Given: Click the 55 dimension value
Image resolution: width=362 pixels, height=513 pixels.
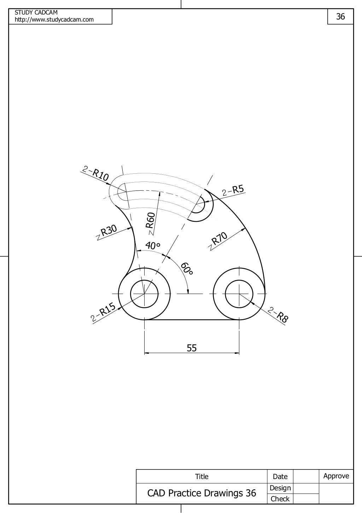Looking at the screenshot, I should [x=192, y=348].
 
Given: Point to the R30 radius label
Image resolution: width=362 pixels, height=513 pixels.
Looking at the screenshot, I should [x=108, y=231].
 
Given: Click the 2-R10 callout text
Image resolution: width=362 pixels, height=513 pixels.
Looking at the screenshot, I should [x=95, y=173].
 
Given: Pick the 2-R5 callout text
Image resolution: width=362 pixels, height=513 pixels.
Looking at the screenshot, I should [x=233, y=190].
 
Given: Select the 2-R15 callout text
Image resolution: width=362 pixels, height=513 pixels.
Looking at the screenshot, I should [x=104, y=312].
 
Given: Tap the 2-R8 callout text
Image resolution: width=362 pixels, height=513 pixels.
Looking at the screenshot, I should [x=279, y=315].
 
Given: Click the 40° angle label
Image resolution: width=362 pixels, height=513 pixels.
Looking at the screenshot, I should [x=153, y=245].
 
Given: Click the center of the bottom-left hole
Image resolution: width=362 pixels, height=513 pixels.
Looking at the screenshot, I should [x=144, y=294].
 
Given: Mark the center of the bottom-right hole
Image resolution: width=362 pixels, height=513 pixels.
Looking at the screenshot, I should [x=239, y=294].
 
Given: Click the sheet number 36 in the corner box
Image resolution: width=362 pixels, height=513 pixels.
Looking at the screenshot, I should [x=340, y=17].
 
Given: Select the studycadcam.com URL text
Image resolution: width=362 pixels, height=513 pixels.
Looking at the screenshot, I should [x=54, y=19].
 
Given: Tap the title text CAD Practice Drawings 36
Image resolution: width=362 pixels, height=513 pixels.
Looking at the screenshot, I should [x=202, y=493].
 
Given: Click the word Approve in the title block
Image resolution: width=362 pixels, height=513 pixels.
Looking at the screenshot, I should [x=336, y=476].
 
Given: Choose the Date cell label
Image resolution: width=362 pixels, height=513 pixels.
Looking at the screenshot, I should [x=280, y=477].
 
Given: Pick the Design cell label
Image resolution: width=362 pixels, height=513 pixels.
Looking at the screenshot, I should [x=280, y=488].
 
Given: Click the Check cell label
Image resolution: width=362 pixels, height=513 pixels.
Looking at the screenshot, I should [x=280, y=499].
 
